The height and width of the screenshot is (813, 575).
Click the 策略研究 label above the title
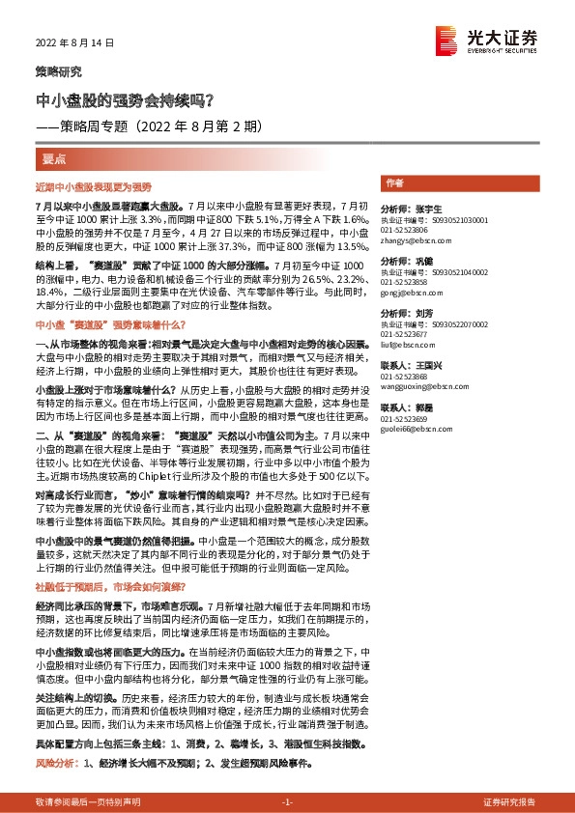pos(59,71)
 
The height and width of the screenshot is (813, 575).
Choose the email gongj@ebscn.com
pos(406,291)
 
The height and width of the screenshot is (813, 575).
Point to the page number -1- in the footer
pos(287,775)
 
